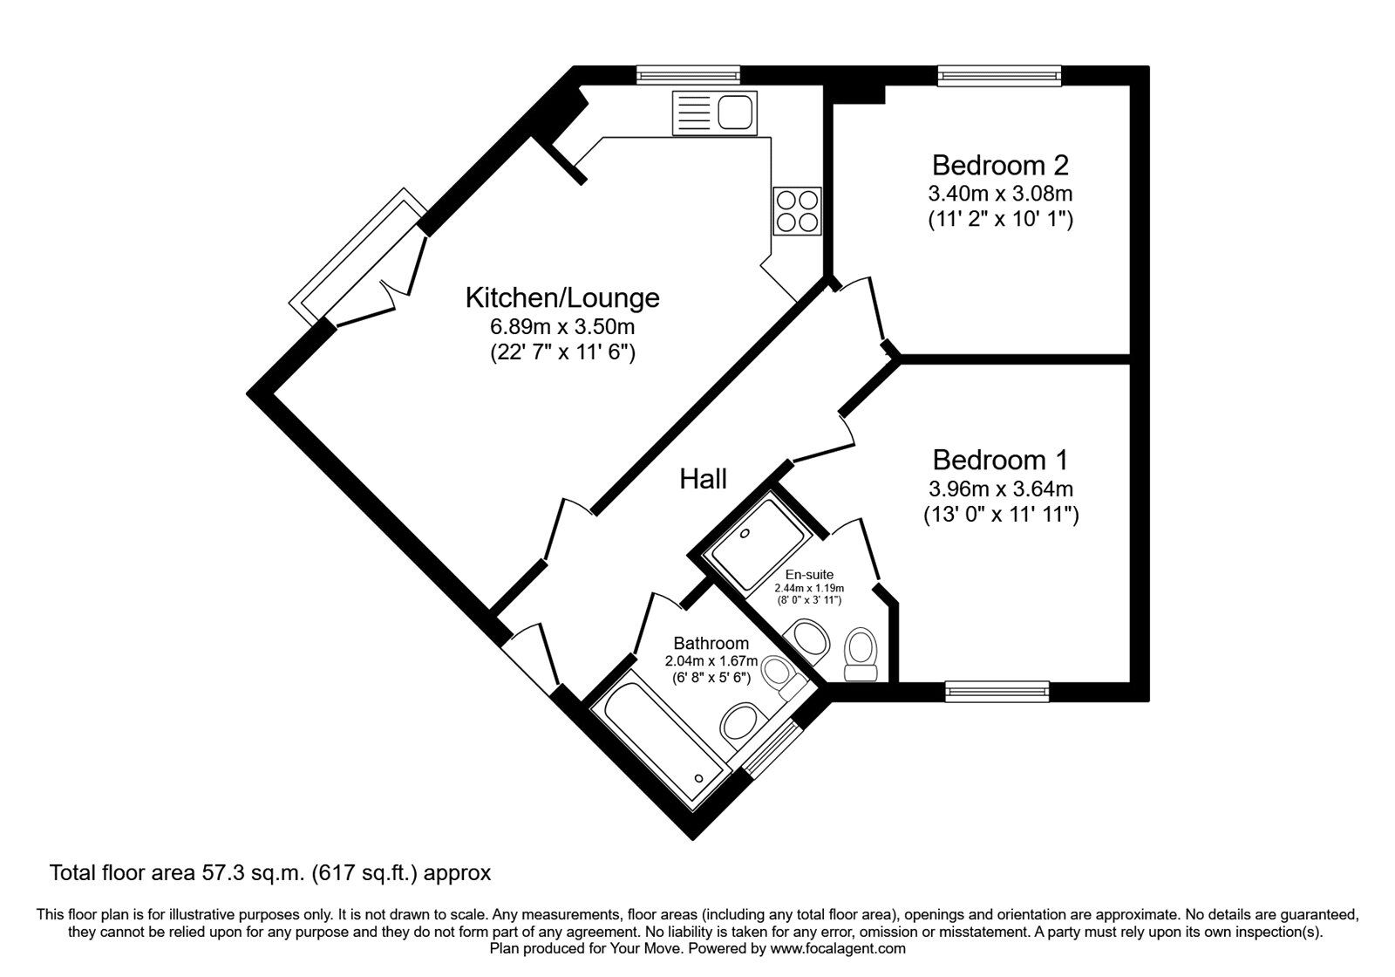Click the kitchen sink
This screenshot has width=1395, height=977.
(714, 113)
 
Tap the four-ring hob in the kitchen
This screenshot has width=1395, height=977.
(797, 211)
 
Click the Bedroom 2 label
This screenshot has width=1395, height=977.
(1000, 165)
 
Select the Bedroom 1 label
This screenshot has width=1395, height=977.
(1000, 460)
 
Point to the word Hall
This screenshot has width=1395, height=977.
(703, 479)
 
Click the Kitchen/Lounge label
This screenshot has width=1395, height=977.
(562, 297)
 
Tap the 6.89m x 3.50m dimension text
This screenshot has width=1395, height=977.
(562, 326)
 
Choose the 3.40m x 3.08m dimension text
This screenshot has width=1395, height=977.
(1000, 194)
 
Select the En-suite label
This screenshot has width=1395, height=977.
(809, 575)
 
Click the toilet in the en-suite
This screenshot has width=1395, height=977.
(860, 654)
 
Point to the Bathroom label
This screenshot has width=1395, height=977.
(711, 643)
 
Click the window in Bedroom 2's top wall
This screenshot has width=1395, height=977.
(999, 76)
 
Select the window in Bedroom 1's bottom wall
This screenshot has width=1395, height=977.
(997, 692)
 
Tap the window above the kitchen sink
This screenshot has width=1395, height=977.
(688, 76)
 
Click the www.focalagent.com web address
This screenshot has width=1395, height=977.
(838, 949)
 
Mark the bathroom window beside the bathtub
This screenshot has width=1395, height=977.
(771, 748)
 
